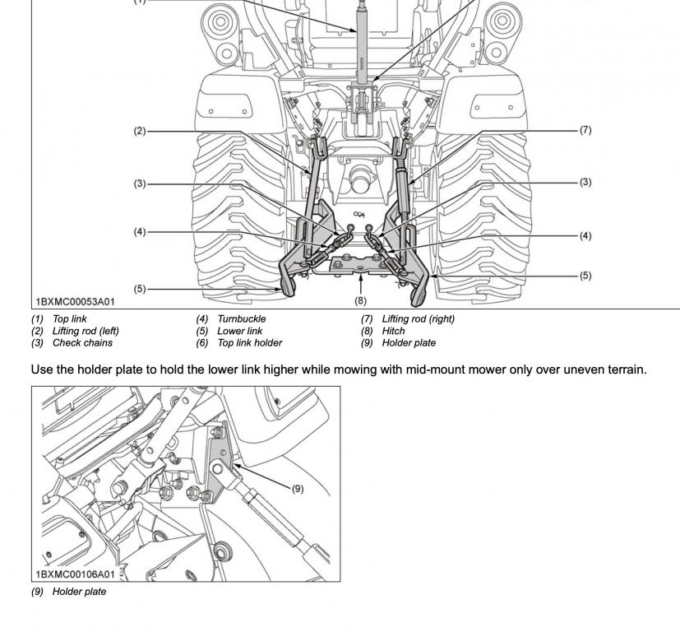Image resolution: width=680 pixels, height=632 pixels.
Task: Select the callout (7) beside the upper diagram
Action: coord(585,130)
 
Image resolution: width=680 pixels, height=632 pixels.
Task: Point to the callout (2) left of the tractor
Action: coord(140,131)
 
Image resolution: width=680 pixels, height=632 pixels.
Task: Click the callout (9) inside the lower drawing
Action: coord(297,488)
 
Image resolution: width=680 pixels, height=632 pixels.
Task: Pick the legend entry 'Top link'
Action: coord(69,318)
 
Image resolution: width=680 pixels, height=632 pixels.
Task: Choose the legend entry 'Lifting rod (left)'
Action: coord(86,331)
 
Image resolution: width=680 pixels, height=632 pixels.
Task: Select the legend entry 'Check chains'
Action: coord(82,343)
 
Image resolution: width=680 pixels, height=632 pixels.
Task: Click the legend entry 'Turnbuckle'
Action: coord(241,318)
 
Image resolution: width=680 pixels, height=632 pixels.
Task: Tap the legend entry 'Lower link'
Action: coord(239,331)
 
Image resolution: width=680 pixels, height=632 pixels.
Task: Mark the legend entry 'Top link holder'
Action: coord(249,343)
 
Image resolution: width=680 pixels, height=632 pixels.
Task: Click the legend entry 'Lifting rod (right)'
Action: coord(418,318)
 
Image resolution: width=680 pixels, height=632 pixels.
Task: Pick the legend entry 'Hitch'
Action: coord(393,331)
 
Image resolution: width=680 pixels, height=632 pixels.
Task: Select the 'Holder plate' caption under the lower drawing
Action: coord(79,592)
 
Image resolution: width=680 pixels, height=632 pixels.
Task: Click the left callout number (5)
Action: coord(140,289)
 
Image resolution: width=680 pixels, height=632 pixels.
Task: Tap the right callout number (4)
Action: coord(585,236)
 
